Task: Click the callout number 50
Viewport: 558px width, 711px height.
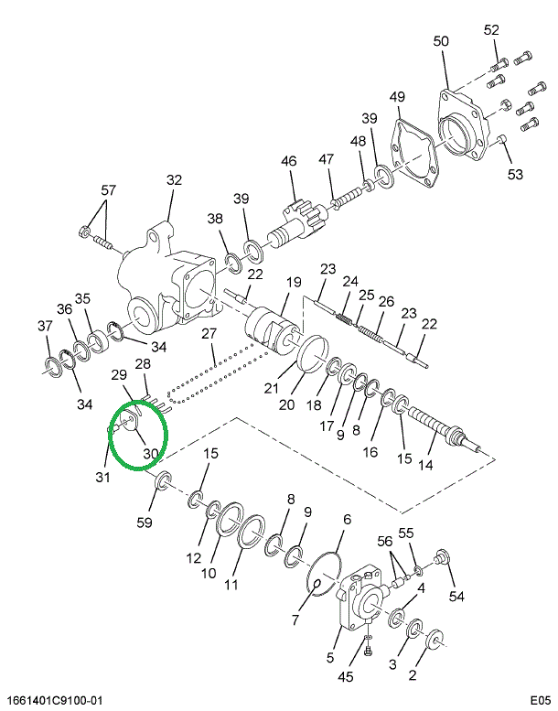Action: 441,41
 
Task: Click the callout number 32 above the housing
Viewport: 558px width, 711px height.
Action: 175,180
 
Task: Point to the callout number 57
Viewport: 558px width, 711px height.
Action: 109,190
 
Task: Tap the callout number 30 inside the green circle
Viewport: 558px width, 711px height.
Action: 151,453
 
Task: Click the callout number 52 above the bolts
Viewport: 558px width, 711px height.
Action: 491,29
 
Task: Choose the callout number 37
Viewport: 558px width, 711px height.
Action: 44,326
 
